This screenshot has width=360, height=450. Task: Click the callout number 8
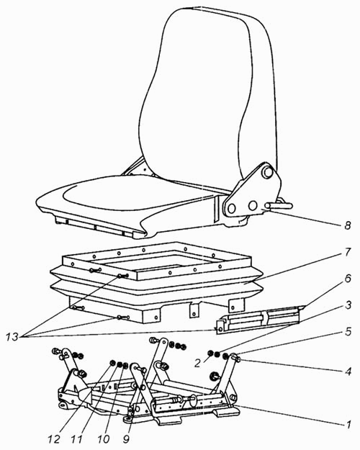[x=348, y=225]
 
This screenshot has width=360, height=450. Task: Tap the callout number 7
[x=347, y=252]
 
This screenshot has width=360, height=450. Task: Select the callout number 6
[x=348, y=279]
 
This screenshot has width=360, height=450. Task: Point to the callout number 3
[x=348, y=305]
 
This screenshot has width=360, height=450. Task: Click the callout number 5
[x=348, y=331]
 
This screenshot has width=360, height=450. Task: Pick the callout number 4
[x=348, y=372]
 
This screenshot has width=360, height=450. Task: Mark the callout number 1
[x=348, y=424]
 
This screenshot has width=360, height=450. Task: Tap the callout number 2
[x=197, y=363]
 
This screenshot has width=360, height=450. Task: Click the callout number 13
[x=12, y=336]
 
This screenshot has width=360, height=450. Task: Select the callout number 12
[x=54, y=439]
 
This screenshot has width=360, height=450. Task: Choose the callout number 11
[x=76, y=439]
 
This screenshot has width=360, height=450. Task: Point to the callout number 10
[x=103, y=439]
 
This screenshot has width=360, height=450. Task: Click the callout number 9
[x=126, y=439]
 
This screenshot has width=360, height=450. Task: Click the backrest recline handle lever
[x=279, y=205]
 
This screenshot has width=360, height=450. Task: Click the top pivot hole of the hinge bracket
[x=268, y=172]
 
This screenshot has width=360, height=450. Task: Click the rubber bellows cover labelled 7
[x=156, y=283]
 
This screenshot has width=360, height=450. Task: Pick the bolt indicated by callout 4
[x=236, y=358]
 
